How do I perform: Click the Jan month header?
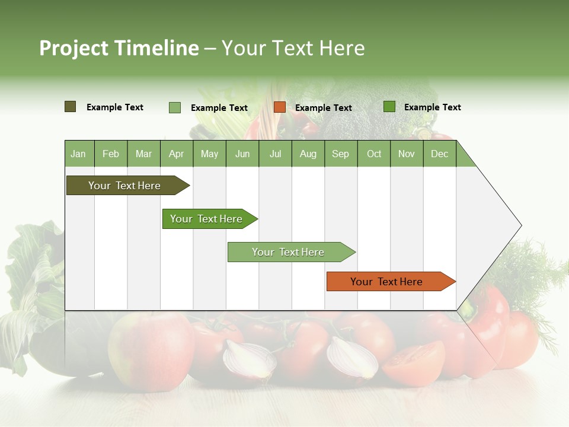pos(79,154)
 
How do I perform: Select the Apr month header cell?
pos(177,154)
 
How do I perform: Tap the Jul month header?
pos(275,154)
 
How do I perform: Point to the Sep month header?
pos(340,154)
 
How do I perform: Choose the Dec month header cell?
pos(439,154)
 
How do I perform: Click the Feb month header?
pos(111,154)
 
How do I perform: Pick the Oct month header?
pos(374,154)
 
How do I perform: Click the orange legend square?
pos(280,107)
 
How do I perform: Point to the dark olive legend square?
pos(71,107)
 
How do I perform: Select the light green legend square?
pos(175,107)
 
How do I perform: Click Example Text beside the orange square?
pos(323,108)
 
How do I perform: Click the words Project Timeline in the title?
pos(119,48)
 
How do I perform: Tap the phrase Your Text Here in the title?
pos(293,48)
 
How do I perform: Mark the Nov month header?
pos(407,154)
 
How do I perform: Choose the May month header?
pos(209,154)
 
